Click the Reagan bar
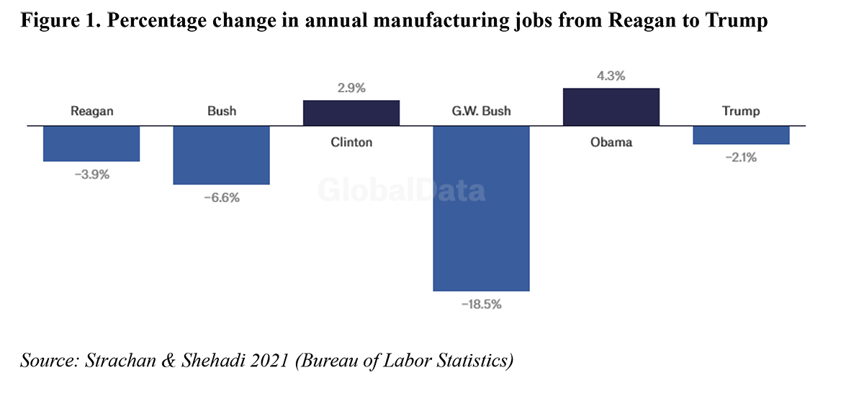91,143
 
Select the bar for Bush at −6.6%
221,155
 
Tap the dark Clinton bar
351,113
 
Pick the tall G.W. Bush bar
481,208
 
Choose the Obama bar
611,107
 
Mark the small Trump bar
741,135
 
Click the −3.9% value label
91,174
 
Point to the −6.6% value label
221,197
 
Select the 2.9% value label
351,89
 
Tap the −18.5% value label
481,304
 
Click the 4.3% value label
611,76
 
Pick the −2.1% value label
741,158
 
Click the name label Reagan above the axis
92,112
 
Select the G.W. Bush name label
481,112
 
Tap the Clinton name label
351,142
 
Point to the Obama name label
611,142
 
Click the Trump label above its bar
741,112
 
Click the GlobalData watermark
402,191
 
